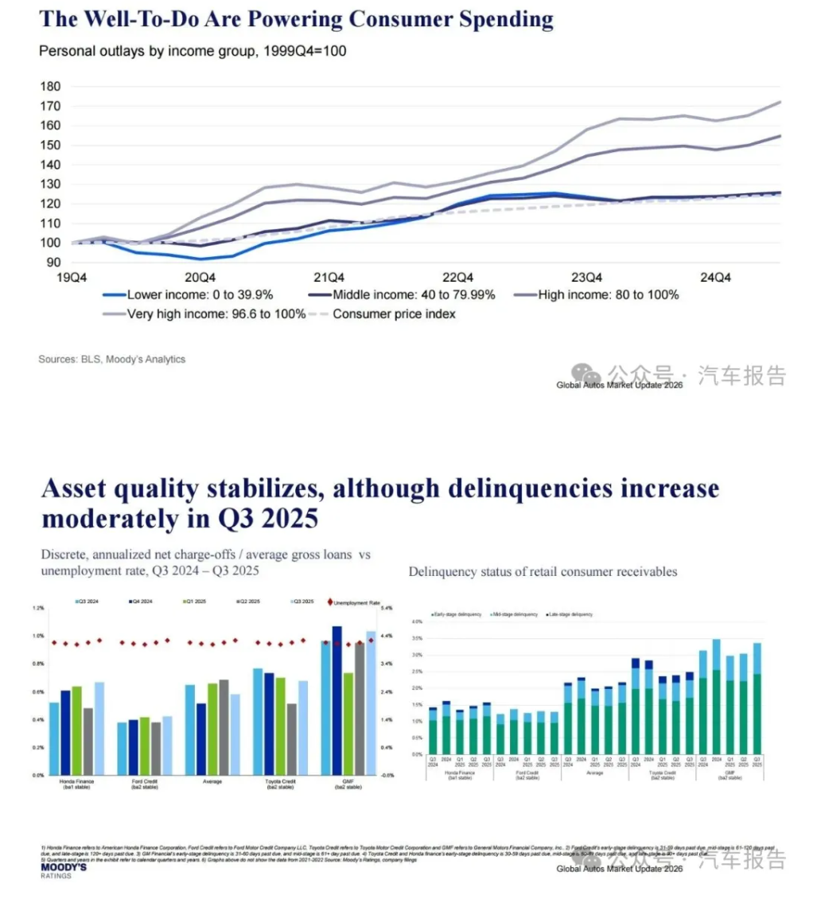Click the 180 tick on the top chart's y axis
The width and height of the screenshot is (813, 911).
[50, 86]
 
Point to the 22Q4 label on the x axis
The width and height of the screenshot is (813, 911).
[458, 278]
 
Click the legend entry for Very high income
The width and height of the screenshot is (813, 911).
[205, 313]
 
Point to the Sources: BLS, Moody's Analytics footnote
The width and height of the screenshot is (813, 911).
[111, 360]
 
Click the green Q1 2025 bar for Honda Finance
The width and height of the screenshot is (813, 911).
[76, 730]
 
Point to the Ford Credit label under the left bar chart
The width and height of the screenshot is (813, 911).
[144, 782]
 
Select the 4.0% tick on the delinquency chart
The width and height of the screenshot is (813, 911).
[416, 621]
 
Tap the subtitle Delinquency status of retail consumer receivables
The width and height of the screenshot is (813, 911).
[543, 571]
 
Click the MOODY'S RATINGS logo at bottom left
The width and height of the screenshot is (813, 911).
[63, 870]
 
